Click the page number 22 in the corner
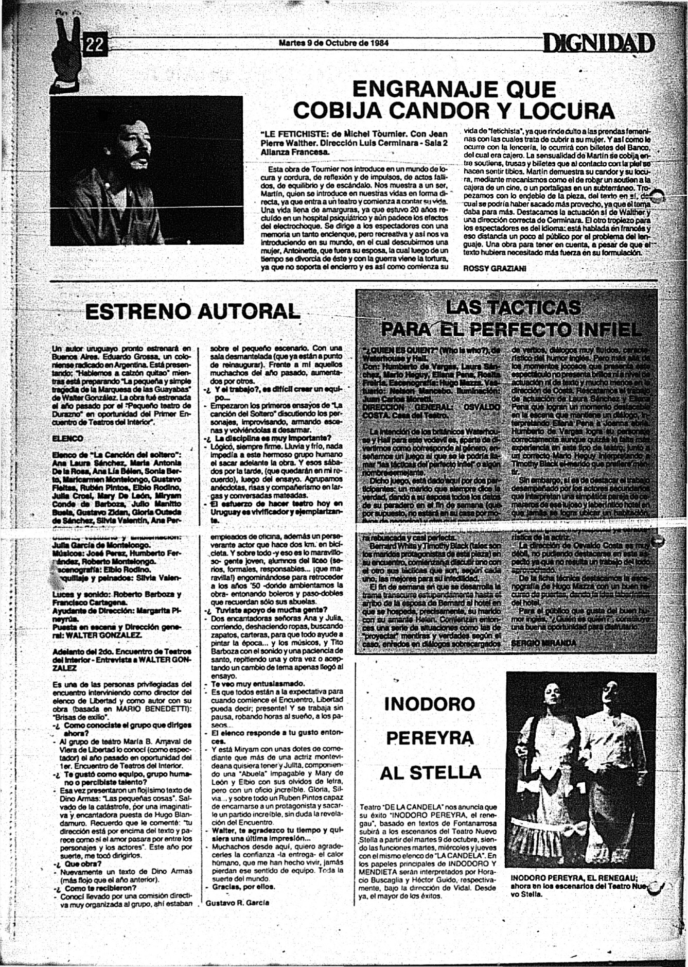tap(95, 46)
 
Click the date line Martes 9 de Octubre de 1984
tap(333, 43)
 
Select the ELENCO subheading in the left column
tap(68, 438)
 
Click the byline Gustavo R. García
tap(237, 902)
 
